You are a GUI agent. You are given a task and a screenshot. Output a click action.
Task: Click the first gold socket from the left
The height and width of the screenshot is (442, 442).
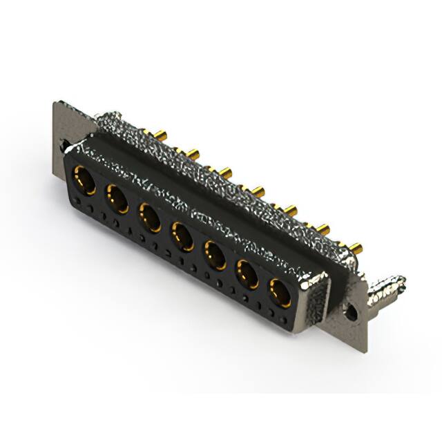coord(84,181)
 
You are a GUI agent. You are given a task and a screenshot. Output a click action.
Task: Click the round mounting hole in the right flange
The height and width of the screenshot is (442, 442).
coord(354,311)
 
